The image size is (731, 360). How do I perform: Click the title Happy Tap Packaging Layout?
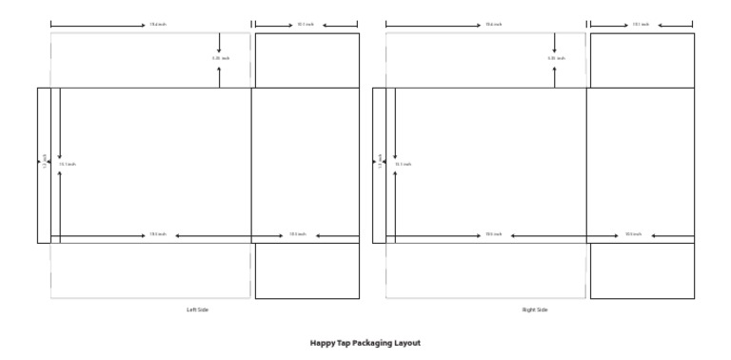[x=365, y=343]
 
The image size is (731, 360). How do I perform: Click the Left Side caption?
[x=197, y=310]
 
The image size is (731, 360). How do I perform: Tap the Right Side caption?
[x=535, y=310]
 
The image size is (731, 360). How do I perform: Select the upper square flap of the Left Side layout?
[x=306, y=61]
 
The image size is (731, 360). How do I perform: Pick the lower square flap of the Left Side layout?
[x=306, y=271]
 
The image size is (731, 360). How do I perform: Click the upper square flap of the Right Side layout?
[x=642, y=61]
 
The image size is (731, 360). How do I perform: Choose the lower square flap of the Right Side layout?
[x=642, y=271]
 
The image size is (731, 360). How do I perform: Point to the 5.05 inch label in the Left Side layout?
[x=220, y=58]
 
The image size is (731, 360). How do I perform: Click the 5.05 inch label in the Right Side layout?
[x=555, y=58]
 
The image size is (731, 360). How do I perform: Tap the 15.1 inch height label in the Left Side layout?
[x=68, y=164]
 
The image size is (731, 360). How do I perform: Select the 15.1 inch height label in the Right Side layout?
[x=404, y=164]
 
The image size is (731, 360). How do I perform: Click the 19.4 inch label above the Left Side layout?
[x=156, y=25]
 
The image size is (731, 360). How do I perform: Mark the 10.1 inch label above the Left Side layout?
[x=306, y=25]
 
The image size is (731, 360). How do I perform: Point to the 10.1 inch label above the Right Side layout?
[x=641, y=25]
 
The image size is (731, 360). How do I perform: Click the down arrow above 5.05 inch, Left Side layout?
[x=219, y=44]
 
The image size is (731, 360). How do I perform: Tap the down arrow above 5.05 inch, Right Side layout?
[x=555, y=44]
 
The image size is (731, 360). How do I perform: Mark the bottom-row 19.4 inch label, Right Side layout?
[x=493, y=234]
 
